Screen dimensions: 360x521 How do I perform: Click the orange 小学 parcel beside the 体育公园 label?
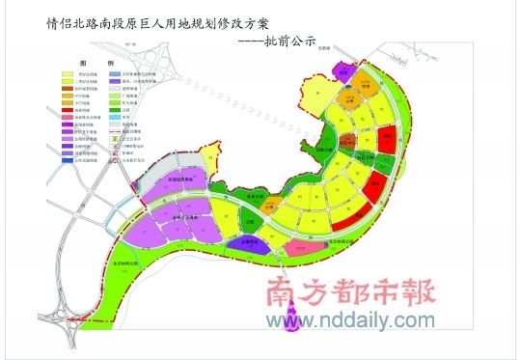point(272,203)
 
